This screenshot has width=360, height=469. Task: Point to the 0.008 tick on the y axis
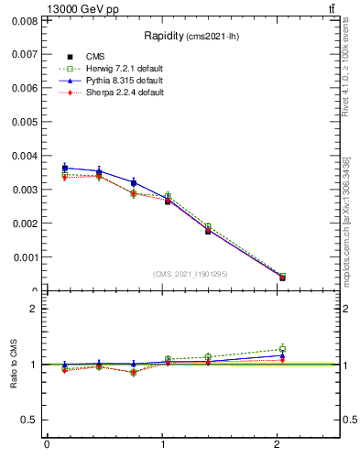click(25, 20)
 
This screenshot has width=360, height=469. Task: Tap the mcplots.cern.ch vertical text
click(345, 220)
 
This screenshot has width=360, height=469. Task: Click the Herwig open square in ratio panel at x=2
click(282, 349)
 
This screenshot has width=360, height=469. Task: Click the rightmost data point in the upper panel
click(282, 277)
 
